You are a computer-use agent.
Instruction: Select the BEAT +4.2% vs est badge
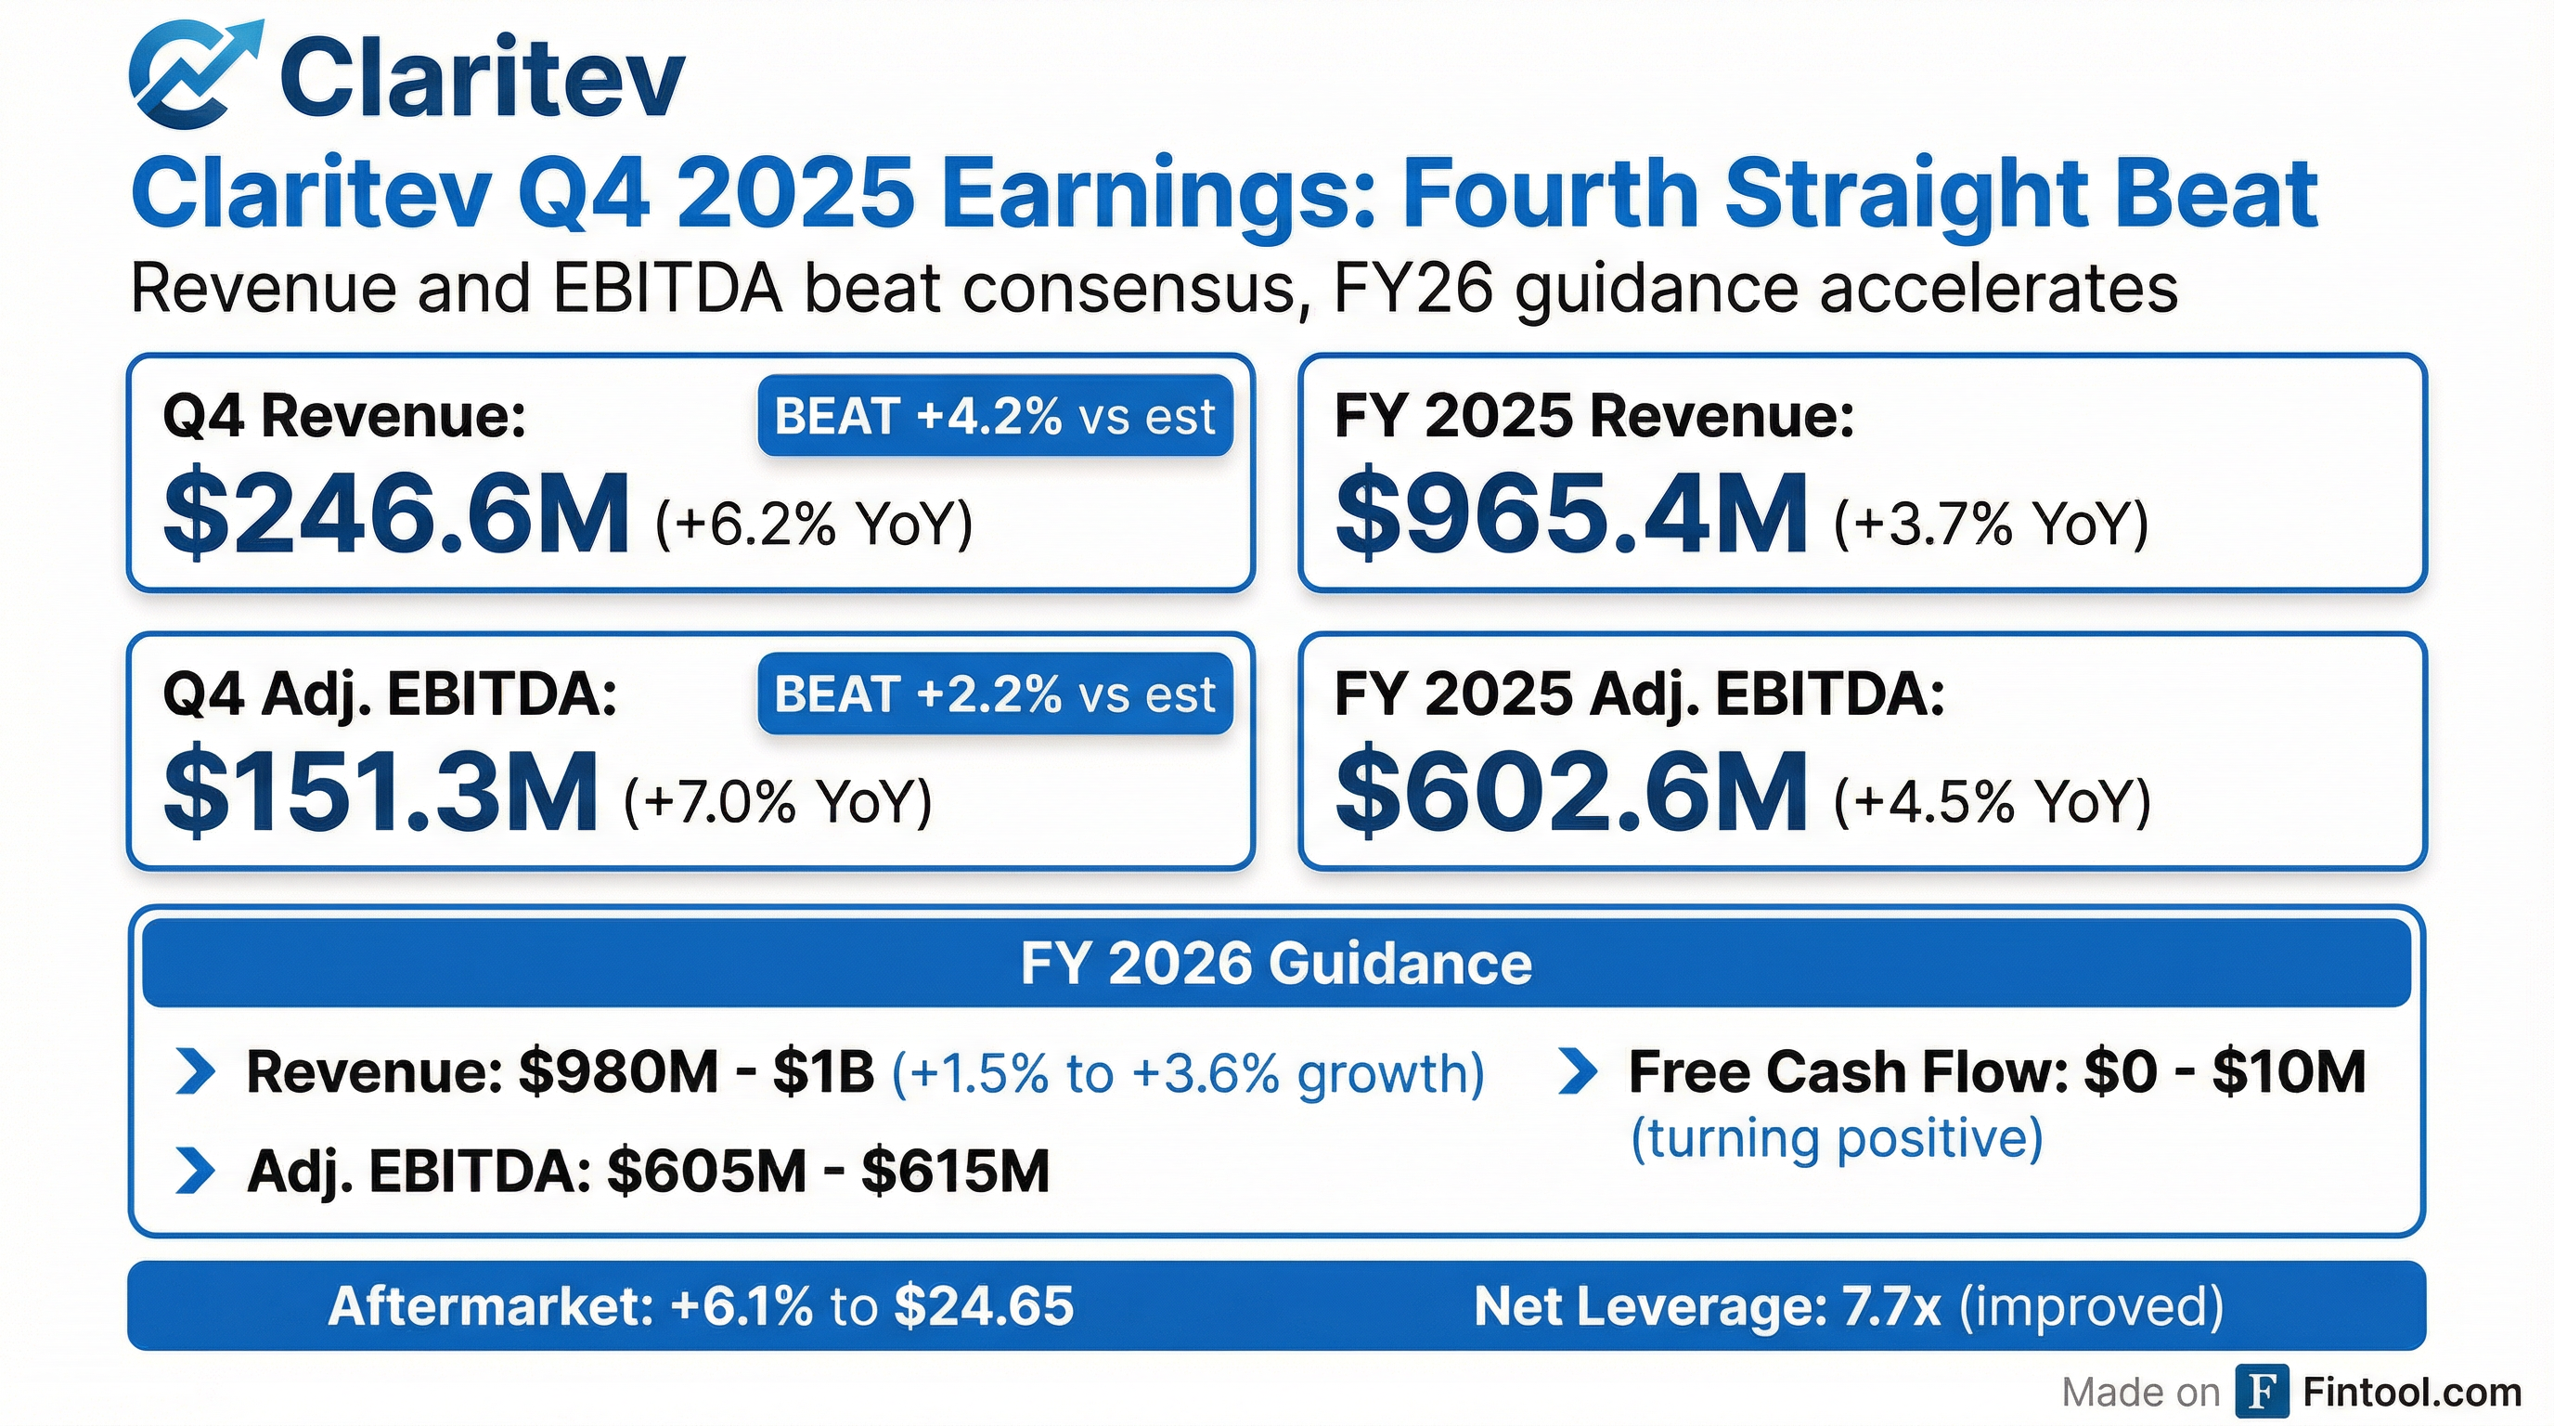point(995,416)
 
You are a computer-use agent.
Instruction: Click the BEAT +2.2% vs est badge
point(995,694)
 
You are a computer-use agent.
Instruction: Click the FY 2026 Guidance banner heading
point(1276,964)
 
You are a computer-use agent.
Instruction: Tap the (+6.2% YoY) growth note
point(814,524)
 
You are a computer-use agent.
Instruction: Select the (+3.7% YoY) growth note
point(1991,524)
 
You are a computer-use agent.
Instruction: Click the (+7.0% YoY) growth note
point(779,801)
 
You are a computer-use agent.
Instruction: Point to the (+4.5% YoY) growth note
point(1992,801)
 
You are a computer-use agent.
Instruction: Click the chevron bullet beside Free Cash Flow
point(1578,1072)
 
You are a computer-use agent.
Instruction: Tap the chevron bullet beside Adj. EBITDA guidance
point(194,1171)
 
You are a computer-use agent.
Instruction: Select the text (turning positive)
point(1838,1138)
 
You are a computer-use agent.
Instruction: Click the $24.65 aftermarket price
point(984,1306)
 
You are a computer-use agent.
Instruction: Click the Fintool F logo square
point(2263,1393)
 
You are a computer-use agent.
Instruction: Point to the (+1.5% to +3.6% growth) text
point(1188,1073)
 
